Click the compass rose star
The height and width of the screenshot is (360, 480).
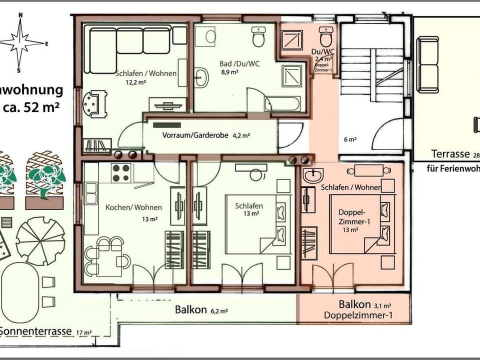pos(20,42)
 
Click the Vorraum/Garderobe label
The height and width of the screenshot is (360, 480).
pos(195,135)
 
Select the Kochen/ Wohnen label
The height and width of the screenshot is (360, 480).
pos(133,207)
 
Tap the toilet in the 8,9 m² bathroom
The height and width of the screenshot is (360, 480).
pos(258,37)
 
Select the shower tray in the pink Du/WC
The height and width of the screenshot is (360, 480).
pos(292,39)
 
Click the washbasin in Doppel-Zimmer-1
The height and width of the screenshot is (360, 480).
pos(313,175)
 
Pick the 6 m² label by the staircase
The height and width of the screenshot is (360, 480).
pos(350,139)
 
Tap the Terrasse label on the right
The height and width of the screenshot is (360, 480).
pos(450,154)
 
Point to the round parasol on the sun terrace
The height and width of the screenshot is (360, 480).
pos(40,242)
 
